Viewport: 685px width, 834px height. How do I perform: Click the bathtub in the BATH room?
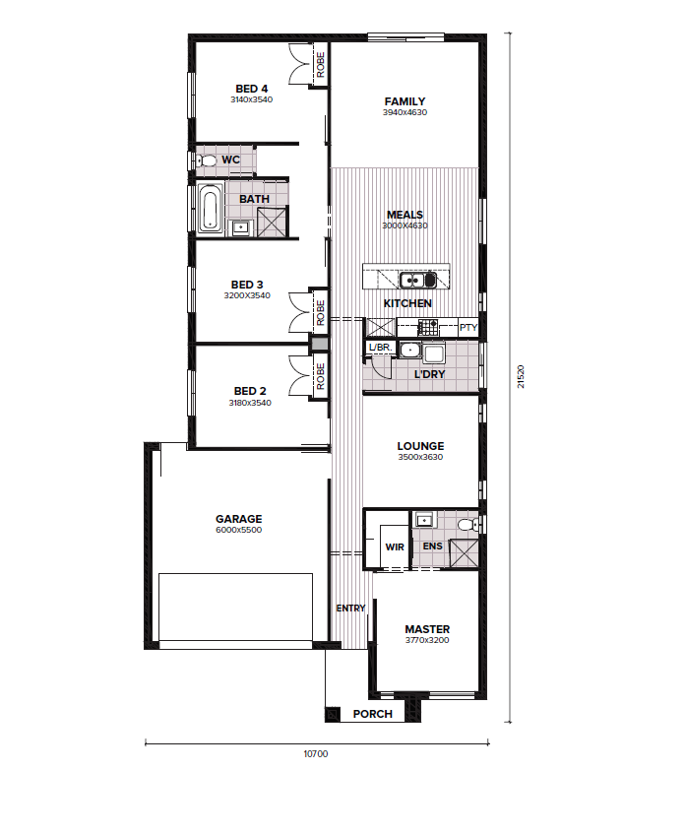point(211,209)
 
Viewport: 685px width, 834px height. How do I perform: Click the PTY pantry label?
point(468,327)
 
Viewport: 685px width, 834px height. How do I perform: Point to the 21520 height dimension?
point(521,376)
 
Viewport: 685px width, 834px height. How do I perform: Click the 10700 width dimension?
point(316,753)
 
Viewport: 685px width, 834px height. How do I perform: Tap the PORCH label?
point(373,714)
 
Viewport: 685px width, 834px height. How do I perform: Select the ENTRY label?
point(351,608)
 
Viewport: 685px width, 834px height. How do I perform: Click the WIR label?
point(395,546)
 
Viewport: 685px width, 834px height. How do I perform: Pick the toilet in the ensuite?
point(467,525)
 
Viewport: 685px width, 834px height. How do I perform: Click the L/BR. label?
point(380,348)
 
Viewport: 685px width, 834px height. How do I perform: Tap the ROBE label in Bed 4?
point(320,65)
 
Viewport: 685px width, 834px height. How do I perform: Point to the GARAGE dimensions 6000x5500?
point(239,530)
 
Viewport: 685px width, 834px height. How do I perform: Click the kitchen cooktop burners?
point(428,327)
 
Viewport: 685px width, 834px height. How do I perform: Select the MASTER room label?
point(427,629)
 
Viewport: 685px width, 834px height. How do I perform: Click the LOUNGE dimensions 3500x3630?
point(420,457)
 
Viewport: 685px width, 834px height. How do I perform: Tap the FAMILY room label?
point(405,101)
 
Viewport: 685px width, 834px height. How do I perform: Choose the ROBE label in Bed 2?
point(320,376)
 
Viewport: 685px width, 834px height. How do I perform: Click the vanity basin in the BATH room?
point(241,228)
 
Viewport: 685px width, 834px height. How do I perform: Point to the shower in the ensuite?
point(464,553)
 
